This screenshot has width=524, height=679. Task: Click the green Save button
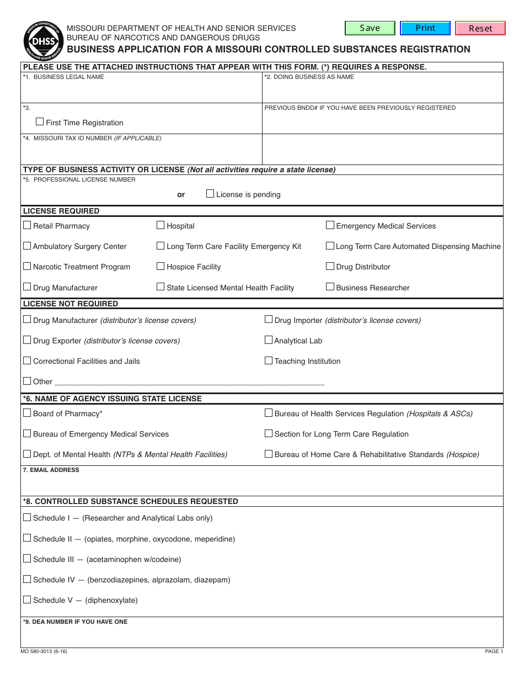pyautogui.click(x=370, y=28)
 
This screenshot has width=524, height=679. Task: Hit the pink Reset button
pyautogui.click(x=480, y=28)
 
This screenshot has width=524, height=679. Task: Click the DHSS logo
pyautogui.click(x=40, y=40)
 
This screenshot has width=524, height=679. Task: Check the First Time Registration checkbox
pyautogui.click(x=40, y=121)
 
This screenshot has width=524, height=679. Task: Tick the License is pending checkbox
pyautogui.click(x=210, y=193)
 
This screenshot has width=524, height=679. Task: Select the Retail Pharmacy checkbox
pyautogui.click(x=27, y=225)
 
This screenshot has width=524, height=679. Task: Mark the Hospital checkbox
pyautogui.click(x=161, y=225)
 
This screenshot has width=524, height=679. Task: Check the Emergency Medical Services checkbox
pyautogui.click(x=330, y=225)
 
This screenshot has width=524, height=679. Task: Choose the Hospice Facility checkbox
pyautogui.click(x=161, y=266)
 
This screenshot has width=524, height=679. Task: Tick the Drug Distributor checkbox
pyautogui.click(x=330, y=266)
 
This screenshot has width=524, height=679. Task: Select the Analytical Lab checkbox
pyautogui.click(x=269, y=340)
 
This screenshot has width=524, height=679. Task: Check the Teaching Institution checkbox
pyautogui.click(x=269, y=360)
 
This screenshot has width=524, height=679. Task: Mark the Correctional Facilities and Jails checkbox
pyautogui.click(x=27, y=360)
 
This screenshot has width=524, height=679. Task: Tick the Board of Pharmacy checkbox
pyautogui.click(x=27, y=413)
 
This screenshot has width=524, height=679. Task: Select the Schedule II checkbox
pyautogui.click(x=27, y=538)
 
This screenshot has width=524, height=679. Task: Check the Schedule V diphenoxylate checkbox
pyautogui.click(x=27, y=600)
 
